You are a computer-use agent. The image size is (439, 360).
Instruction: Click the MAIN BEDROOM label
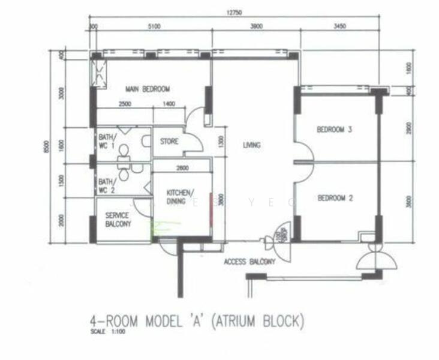[x=148, y=89]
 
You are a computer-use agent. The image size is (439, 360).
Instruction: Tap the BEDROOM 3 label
[x=334, y=129]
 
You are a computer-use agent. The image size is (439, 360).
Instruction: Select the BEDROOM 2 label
[x=334, y=198]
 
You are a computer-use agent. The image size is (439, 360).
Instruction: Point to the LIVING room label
[x=251, y=145]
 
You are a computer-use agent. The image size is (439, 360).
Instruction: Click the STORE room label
[x=169, y=142]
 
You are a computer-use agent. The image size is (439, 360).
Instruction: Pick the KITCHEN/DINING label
[x=179, y=196]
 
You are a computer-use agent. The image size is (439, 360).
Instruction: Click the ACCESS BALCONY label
[x=249, y=262]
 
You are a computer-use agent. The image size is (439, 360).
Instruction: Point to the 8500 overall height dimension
[x=53, y=146]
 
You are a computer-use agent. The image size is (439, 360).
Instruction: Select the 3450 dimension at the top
[x=340, y=26]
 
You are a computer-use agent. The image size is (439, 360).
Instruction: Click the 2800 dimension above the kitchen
[x=183, y=169]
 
